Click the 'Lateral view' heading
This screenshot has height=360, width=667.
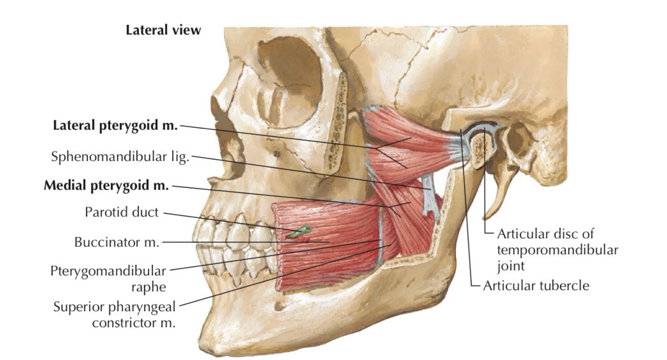click(163, 30)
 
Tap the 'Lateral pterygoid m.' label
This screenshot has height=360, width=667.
click(115, 126)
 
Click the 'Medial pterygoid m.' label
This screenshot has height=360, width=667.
click(106, 185)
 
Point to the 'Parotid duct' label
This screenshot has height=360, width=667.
click(122, 212)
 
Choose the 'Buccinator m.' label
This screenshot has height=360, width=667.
click(117, 242)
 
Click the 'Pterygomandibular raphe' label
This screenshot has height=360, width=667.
click(108, 279)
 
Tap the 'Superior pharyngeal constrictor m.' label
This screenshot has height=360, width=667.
click(114, 315)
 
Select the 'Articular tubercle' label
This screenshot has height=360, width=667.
click(536, 285)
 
